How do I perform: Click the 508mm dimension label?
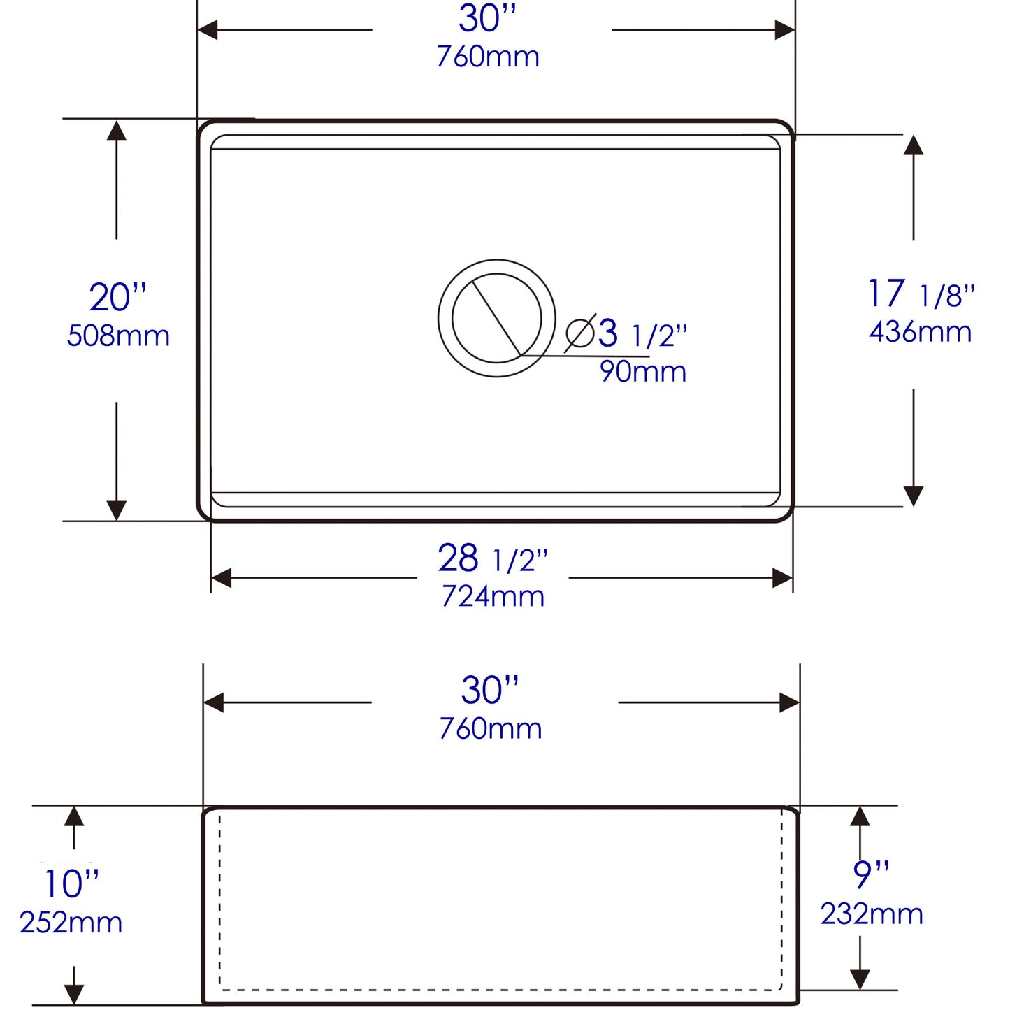[118, 336]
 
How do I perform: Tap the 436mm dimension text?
[920, 332]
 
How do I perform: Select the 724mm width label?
[493, 596]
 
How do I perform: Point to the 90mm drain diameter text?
[643, 371]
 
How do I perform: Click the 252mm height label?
[71, 923]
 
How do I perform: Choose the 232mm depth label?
[871, 914]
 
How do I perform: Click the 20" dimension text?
[117, 298]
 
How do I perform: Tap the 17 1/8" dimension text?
[920, 294]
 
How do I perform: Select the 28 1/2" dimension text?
[492, 558]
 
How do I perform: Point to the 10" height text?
[71, 884]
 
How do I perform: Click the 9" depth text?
[871, 874]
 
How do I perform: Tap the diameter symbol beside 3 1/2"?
[580, 333]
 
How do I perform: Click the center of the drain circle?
[497, 318]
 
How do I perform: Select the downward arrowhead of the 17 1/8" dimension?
[914, 496]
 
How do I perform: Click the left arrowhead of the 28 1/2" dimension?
[221, 578]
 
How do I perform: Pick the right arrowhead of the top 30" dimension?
[786, 30]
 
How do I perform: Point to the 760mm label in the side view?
[490, 729]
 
